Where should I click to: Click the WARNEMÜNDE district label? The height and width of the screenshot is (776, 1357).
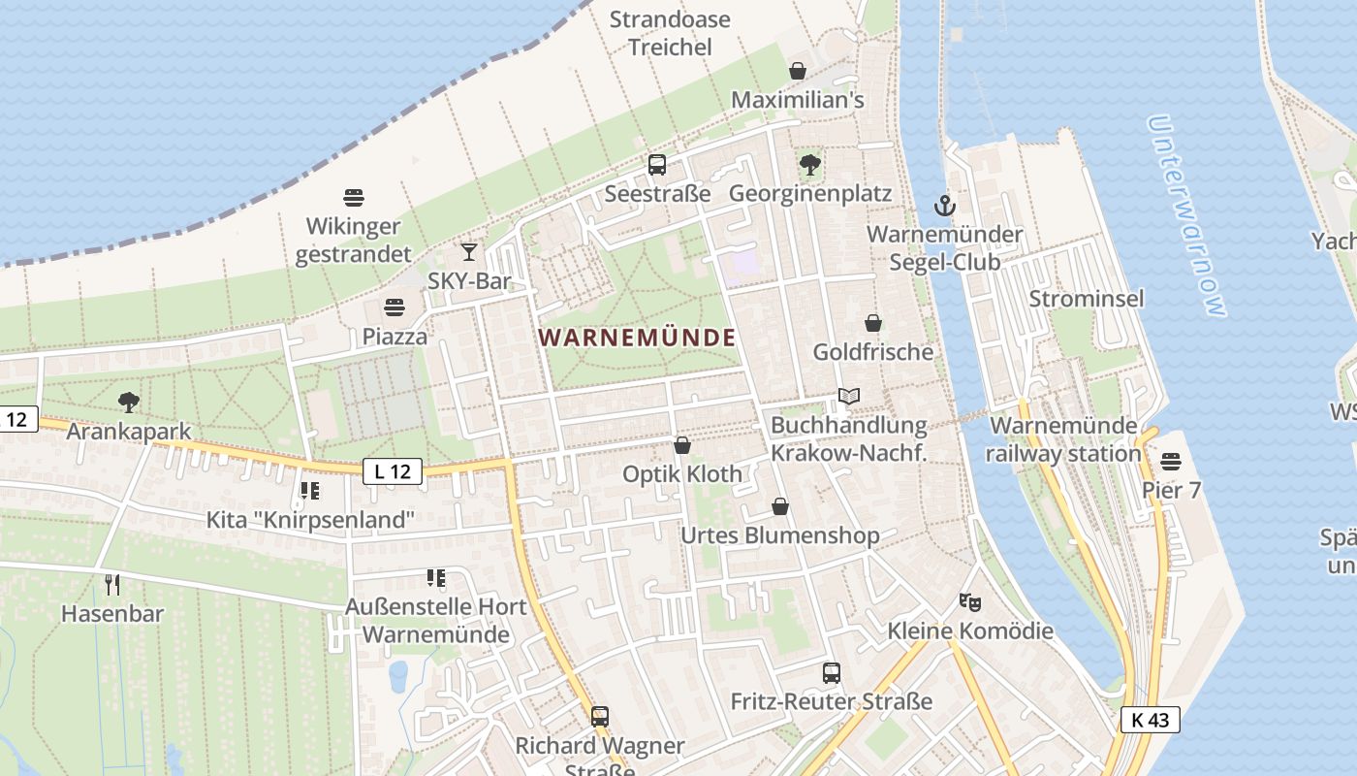[x=637, y=338]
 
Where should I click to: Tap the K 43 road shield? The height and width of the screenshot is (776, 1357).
[x=1151, y=720]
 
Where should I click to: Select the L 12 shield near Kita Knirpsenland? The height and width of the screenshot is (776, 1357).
[x=393, y=471]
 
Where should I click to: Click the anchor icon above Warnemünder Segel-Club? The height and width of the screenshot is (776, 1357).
[x=944, y=206]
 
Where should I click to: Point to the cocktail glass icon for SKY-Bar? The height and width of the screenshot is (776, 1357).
[x=469, y=252]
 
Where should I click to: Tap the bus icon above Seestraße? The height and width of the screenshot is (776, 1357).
[x=657, y=165]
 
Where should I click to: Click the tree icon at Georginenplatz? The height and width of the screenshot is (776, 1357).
[x=810, y=165]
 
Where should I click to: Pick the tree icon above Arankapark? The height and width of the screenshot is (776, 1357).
[x=128, y=403]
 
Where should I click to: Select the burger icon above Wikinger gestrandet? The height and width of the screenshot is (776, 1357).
[x=354, y=198]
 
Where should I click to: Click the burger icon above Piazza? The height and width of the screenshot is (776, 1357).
[x=394, y=308]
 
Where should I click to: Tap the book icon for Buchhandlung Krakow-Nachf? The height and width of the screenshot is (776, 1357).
[x=849, y=397]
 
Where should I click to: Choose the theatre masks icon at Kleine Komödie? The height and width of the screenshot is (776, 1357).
[x=970, y=602]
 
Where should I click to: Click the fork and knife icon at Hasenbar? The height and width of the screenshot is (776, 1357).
[x=112, y=584]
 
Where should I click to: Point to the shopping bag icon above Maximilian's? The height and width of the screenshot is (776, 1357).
[x=798, y=71]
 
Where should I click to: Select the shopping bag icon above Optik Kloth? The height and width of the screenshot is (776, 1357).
[x=682, y=445]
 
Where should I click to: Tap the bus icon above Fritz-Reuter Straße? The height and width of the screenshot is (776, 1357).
[x=831, y=672]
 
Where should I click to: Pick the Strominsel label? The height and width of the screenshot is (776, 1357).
[x=1087, y=298]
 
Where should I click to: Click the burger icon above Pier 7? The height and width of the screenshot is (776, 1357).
[x=1171, y=461]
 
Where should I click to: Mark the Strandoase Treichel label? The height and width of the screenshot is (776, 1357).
[x=670, y=33]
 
